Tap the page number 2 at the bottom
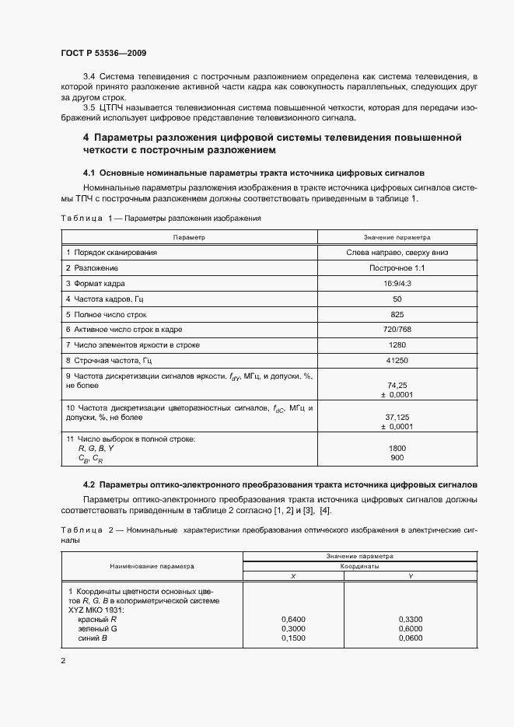(x=62, y=661)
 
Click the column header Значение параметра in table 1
(x=397, y=236)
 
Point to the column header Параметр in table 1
(x=190, y=236)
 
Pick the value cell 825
(x=397, y=314)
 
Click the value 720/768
(x=397, y=330)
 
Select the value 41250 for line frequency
(x=397, y=360)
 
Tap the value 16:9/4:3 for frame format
(x=397, y=284)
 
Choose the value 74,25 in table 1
(x=397, y=385)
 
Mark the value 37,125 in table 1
(x=397, y=417)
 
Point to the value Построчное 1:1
(x=397, y=268)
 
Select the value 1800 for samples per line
(x=397, y=449)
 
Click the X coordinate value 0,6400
(x=293, y=619)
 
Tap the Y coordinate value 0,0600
(x=410, y=638)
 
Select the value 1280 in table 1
(x=397, y=344)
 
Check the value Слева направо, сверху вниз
(x=397, y=253)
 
